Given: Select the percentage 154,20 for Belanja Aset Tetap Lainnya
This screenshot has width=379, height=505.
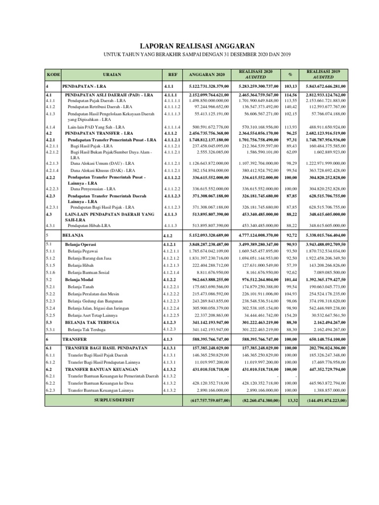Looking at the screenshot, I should (291, 315).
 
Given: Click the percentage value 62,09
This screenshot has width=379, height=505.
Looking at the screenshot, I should (291, 153).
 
